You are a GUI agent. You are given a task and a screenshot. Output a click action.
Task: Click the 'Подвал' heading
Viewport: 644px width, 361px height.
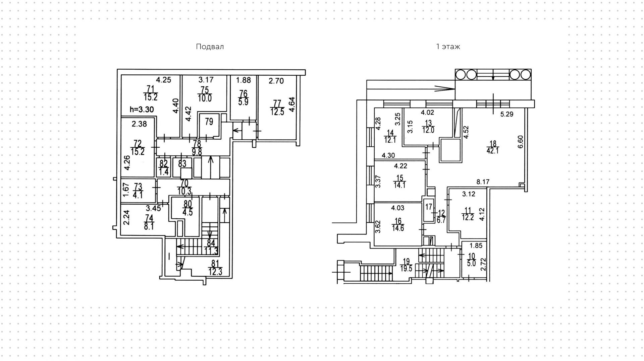point(210,47)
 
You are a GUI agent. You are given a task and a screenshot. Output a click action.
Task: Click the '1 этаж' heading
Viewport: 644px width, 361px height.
point(448,47)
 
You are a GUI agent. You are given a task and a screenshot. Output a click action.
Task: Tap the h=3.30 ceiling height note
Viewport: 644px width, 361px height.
point(142,109)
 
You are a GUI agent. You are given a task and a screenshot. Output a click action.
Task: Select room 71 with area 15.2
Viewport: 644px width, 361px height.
point(151,93)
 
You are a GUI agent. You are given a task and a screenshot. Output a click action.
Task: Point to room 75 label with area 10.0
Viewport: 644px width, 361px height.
point(205,94)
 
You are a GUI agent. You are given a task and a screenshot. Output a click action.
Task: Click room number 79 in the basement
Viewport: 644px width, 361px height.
point(209,122)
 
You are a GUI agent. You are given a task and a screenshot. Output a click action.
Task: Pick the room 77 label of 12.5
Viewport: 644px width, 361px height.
point(277,107)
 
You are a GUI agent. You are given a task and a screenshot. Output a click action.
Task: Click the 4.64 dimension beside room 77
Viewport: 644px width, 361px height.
point(291,104)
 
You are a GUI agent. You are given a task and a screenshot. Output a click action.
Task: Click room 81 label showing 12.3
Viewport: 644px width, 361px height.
point(215,268)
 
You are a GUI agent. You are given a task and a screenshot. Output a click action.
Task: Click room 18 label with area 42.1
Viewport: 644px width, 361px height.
point(493,147)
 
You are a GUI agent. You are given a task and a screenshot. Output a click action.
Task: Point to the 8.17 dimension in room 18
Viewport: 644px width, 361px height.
point(483,182)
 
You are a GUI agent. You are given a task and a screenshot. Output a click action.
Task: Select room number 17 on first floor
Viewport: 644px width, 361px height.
point(429,207)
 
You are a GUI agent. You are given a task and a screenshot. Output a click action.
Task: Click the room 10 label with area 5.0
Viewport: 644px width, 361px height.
point(472,260)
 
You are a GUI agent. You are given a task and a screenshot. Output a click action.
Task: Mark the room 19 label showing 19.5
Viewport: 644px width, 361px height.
point(406,265)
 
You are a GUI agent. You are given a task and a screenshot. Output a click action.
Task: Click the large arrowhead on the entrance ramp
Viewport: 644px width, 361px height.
point(444,89)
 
